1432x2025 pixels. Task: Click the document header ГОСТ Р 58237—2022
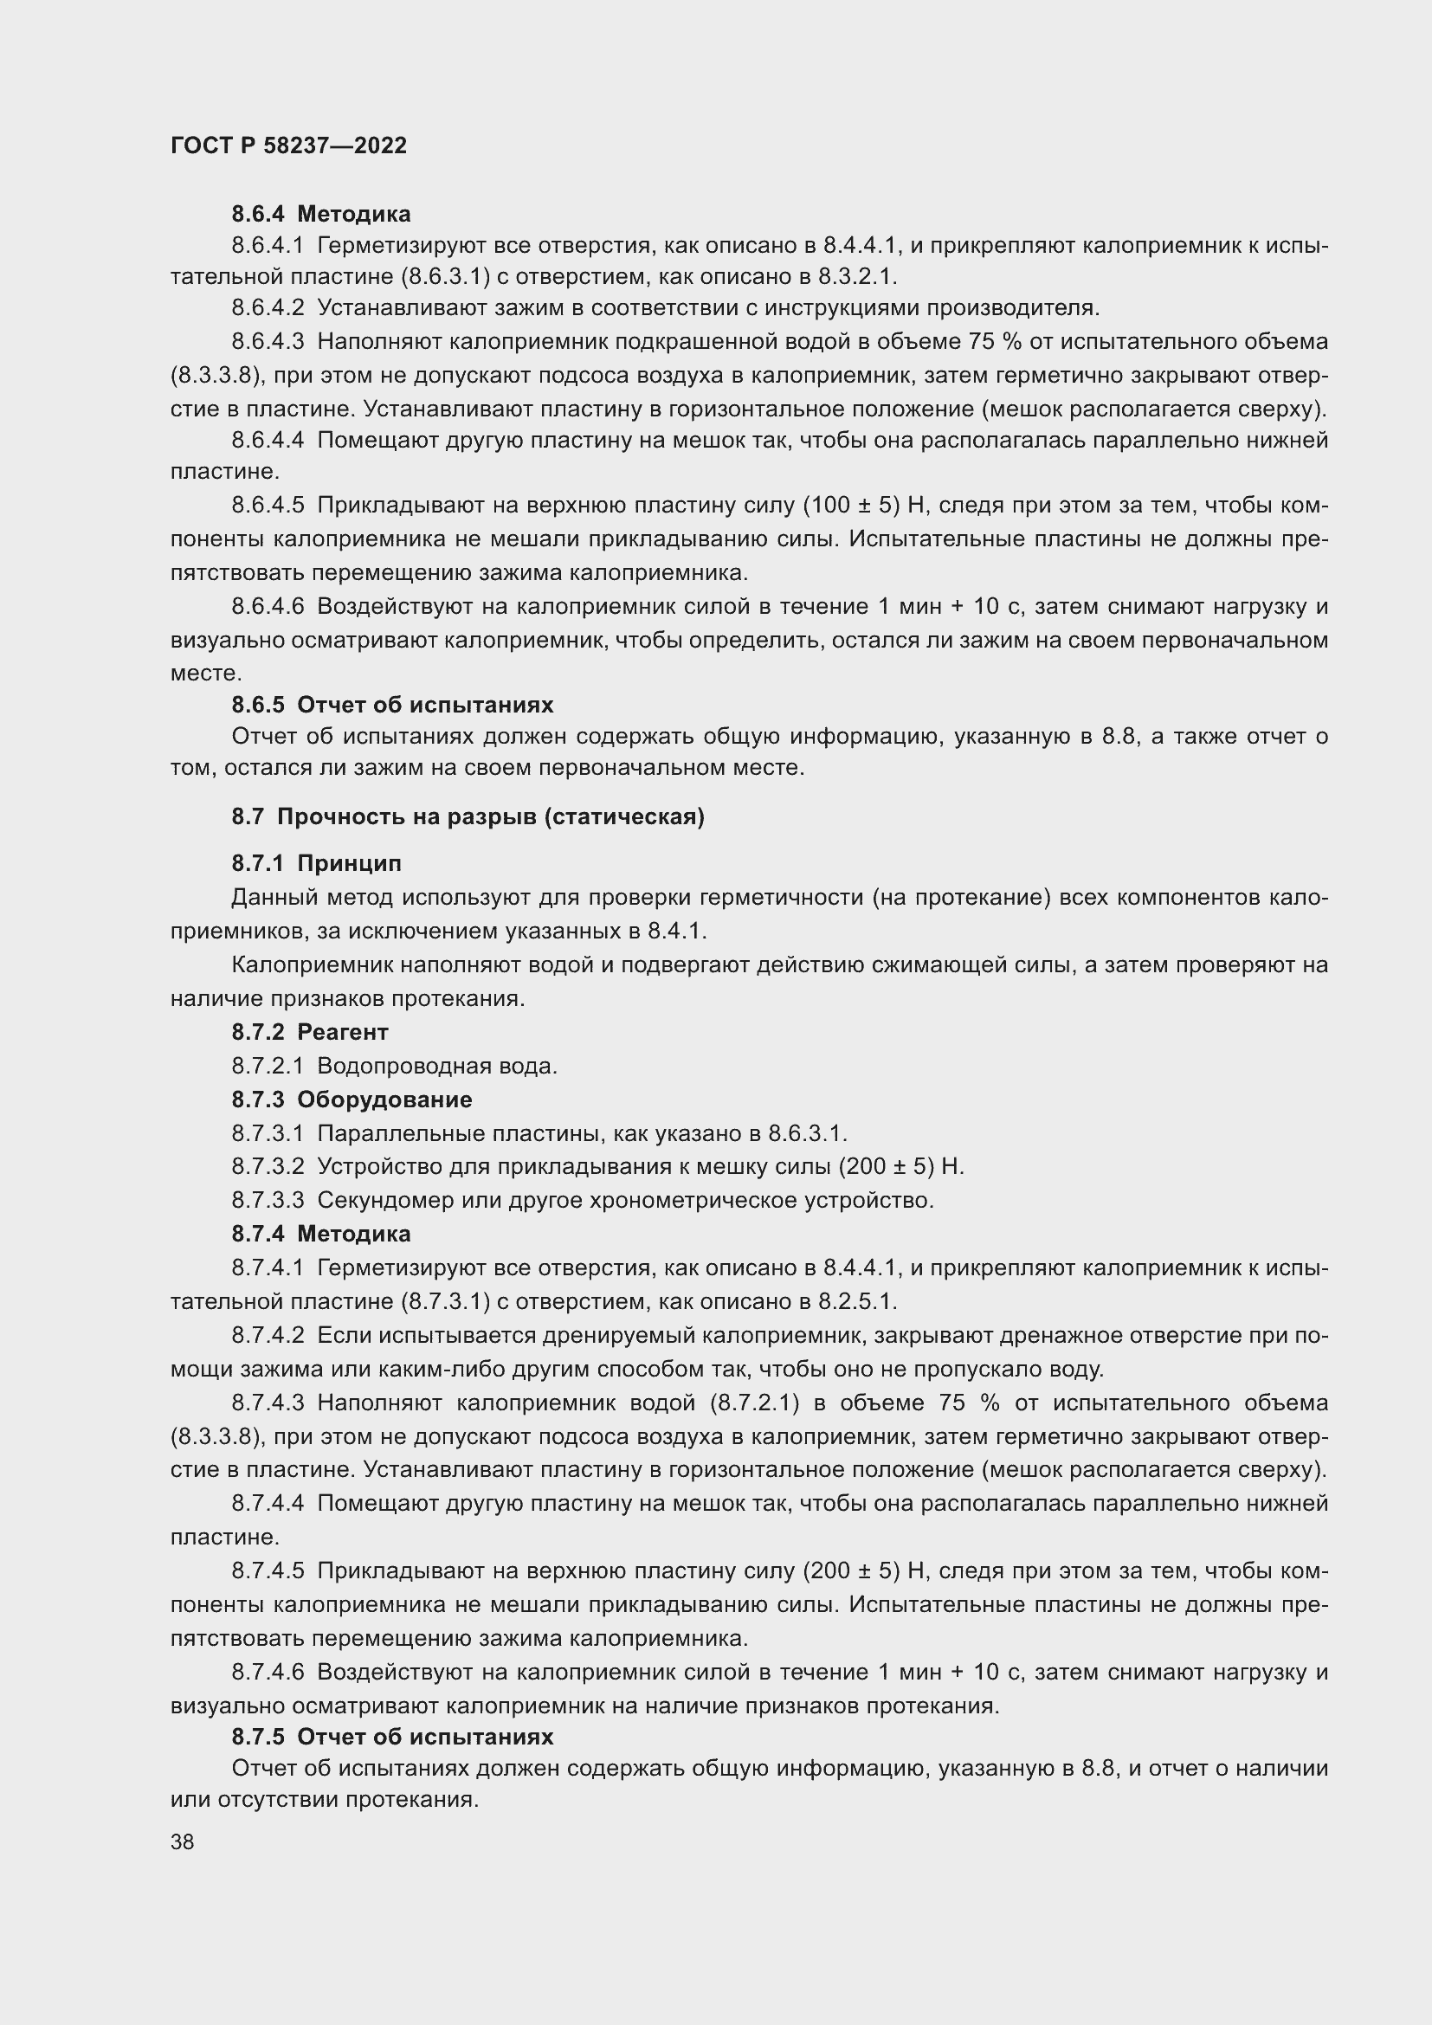click(x=288, y=145)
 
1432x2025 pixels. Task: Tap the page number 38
click(x=182, y=1841)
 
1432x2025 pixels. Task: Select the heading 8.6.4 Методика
click(x=321, y=215)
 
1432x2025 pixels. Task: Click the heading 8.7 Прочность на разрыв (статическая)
click(x=468, y=816)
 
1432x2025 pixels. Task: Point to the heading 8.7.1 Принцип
click(x=316, y=863)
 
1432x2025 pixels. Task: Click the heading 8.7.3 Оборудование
click(x=351, y=1100)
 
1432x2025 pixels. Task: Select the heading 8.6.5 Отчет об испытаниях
click(x=392, y=705)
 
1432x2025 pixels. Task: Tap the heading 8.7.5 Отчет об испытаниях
click(x=392, y=1737)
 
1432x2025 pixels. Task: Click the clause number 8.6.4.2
click(x=268, y=308)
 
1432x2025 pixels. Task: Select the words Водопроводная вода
click(x=436, y=1067)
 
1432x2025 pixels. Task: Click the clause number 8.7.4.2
click(x=268, y=1335)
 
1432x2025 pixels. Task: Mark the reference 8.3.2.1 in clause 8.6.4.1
click(x=856, y=277)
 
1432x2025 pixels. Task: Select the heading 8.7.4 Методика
click(x=321, y=1234)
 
